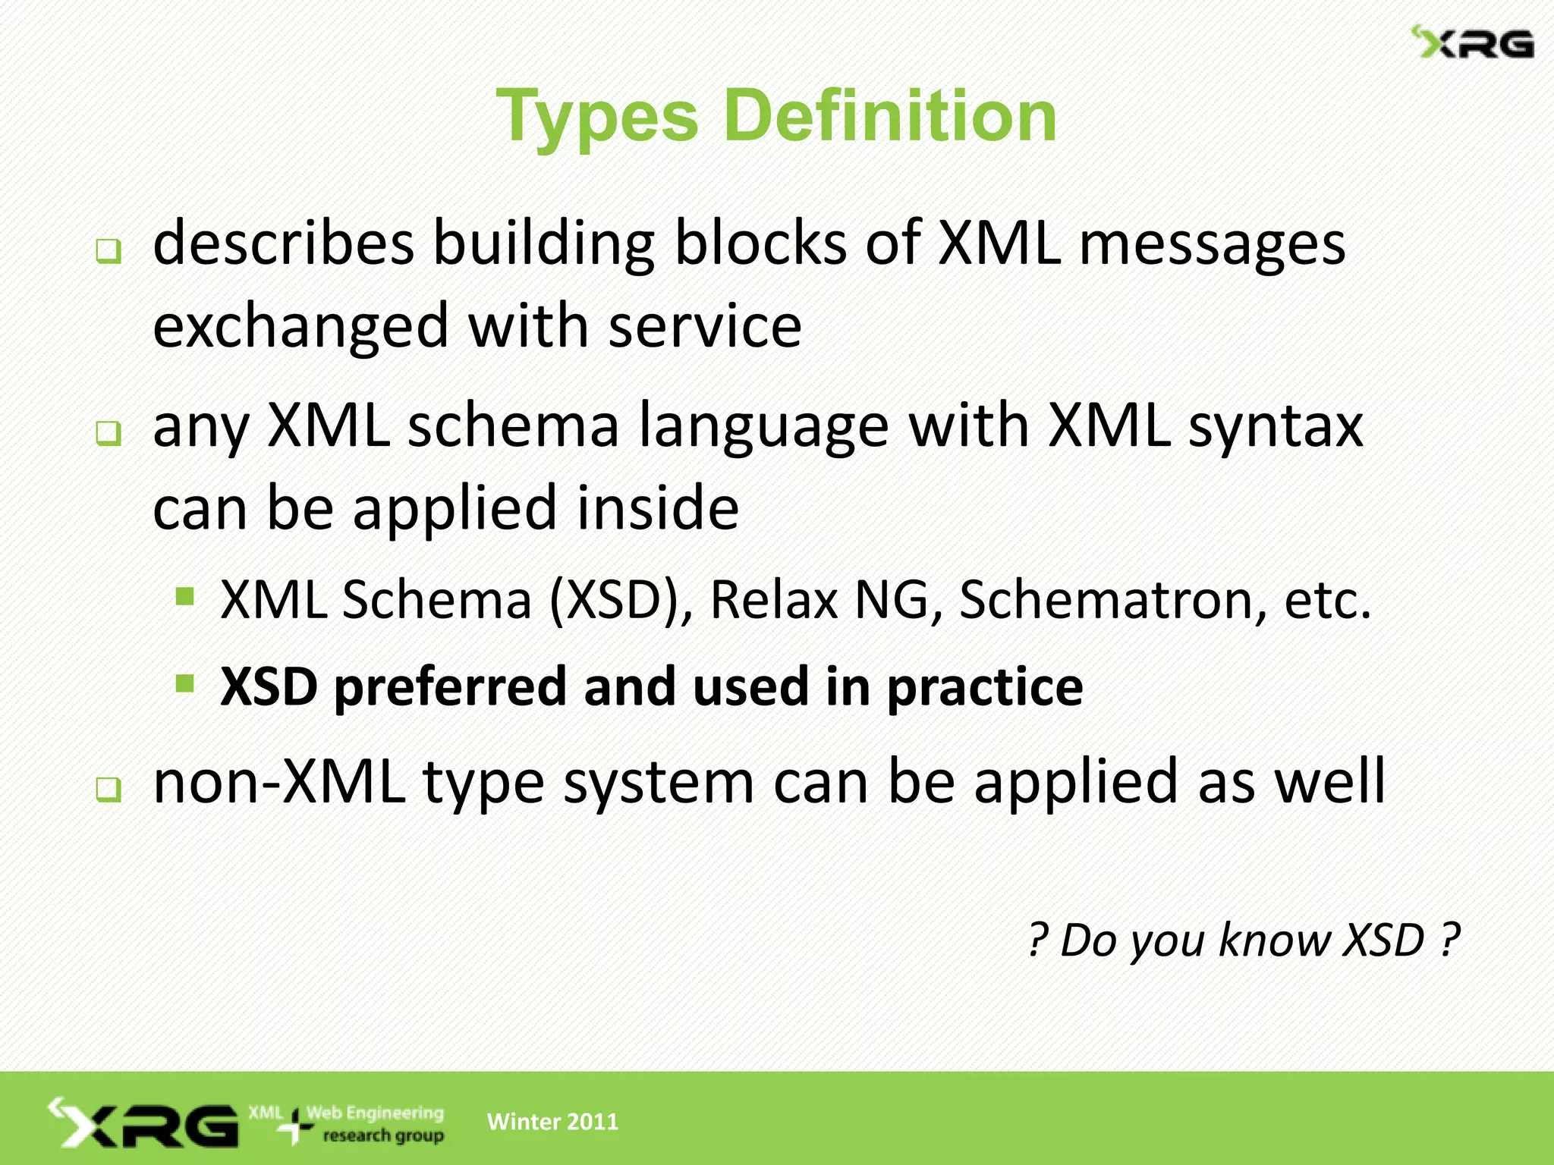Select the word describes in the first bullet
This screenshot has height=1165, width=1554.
coord(284,243)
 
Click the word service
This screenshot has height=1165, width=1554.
coord(705,326)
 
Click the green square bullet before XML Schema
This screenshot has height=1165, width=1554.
coord(184,596)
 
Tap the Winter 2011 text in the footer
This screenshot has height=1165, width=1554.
coord(552,1122)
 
